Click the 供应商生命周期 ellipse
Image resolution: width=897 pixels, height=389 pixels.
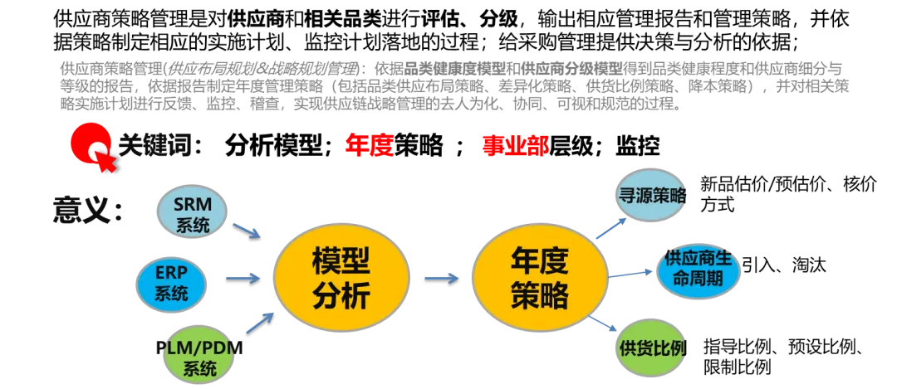pyautogui.click(x=698, y=269)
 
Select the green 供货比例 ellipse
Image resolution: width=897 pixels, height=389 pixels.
pyautogui.click(x=654, y=348)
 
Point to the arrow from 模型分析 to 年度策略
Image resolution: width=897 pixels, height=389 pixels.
pyautogui.click(x=441, y=279)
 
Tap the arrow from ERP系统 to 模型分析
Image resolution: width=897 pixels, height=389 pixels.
pyautogui.click(x=243, y=279)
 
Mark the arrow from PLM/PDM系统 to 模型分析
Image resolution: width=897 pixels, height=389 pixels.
pyautogui.click(x=257, y=323)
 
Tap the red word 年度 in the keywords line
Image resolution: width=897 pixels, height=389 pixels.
pyautogui.click(x=369, y=146)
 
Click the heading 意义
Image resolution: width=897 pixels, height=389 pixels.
pyautogui.click(x=89, y=210)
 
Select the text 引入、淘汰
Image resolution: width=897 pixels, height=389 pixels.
pyautogui.click(x=784, y=265)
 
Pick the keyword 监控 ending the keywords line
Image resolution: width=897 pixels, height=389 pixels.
pyautogui.click(x=638, y=146)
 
